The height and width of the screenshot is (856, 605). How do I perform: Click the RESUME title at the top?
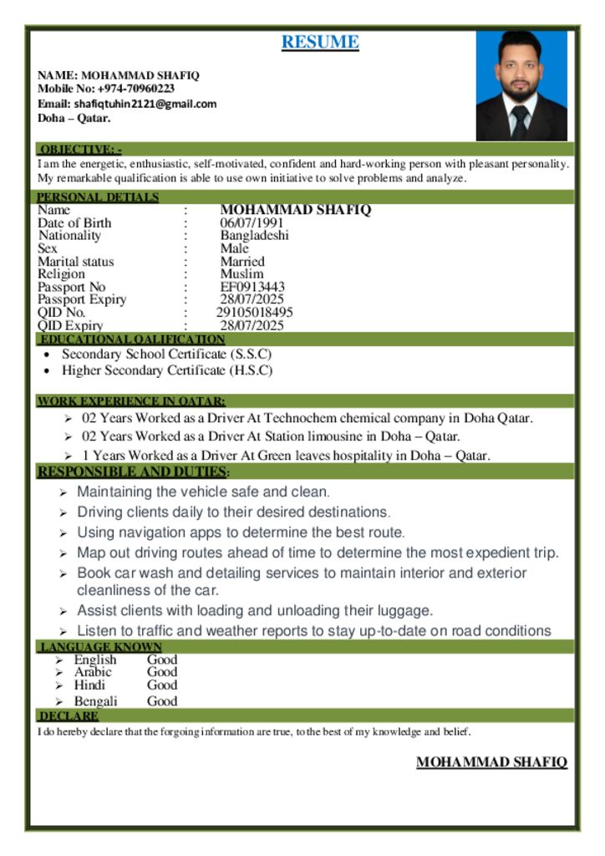[320, 42]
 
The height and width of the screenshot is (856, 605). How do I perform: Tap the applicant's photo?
[521, 85]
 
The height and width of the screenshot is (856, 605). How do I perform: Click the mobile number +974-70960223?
[136, 89]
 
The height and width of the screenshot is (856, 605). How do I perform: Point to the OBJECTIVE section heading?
[80, 149]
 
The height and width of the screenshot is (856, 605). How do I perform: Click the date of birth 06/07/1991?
[252, 223]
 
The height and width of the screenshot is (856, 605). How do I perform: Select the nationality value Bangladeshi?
[254, 236]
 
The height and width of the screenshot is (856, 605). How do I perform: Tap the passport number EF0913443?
[252, 287]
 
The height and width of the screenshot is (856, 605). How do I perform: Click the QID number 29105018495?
[254, 313]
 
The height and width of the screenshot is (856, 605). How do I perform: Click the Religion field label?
[61, 274]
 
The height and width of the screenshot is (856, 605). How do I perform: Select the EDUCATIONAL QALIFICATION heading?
[132, 339]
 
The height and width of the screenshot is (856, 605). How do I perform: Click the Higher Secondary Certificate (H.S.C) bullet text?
[167, 370]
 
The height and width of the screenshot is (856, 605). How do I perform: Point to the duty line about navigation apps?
[241, 532]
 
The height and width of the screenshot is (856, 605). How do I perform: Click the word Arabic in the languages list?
[93, 672]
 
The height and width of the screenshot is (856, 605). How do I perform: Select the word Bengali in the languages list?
[95, 701]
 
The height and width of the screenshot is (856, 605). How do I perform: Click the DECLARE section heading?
[69, 716]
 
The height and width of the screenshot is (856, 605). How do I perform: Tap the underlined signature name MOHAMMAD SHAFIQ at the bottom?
[491, 762]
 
